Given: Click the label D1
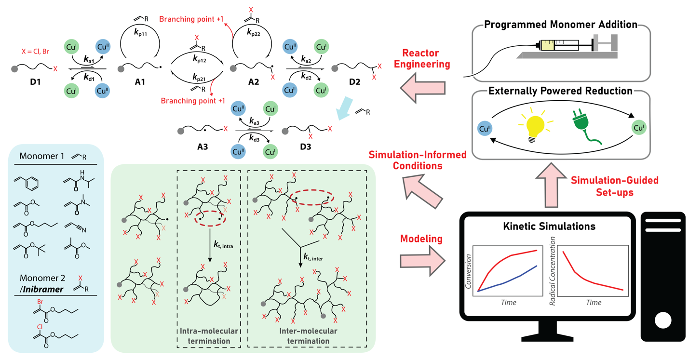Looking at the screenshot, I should pyautogui.click(x=35, y=82).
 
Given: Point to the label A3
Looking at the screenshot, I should pyautogui.click(x=202, y=147).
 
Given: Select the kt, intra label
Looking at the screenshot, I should pyautogui.click(x=224, y=246).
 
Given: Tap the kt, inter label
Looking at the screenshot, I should pyautogui.click(x=314, y=258).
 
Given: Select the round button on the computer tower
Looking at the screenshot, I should pyautogui.click(x=662, y=320).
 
